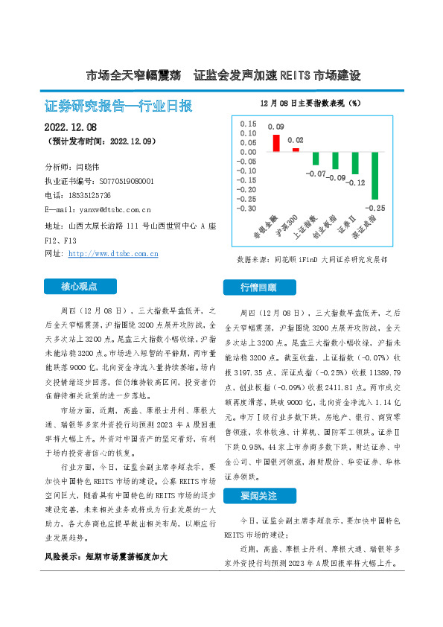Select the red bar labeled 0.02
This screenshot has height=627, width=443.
pyautogui.click(x=296, y=150)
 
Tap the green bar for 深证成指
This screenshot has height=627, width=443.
pyautogui.click(x=375, y=175)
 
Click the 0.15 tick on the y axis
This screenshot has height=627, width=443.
pyautogui.click(x=248, y=124)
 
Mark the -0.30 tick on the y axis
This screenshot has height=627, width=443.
pyautogui.click(x=247, y=209)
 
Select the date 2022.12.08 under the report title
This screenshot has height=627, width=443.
pyautogui.click(x=71, y=127)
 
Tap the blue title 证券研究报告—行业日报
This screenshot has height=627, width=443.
pyautogui.click(x=118, y=106)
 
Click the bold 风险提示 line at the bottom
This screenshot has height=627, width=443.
pyautogui.click(x=104, y=556)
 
